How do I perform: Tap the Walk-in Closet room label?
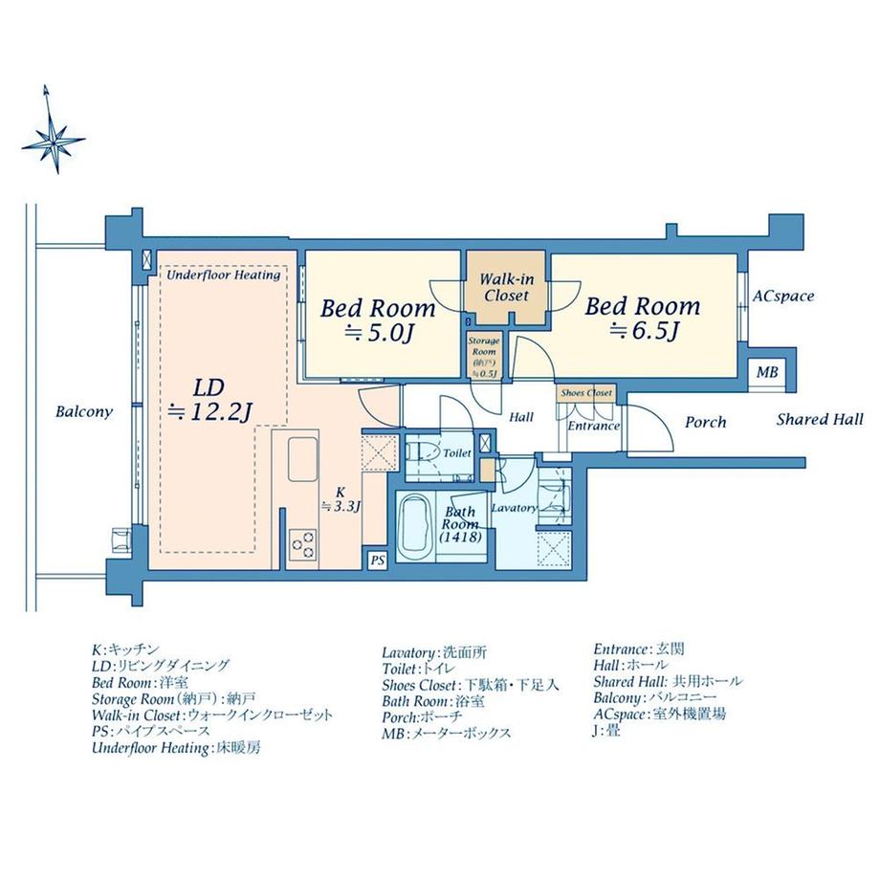(x=506, y=287)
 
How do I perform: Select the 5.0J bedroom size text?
(x=377, y=334)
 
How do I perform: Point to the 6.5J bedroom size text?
(x=643, y=332)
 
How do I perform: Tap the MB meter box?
(x=766, y=373)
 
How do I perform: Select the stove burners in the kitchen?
(x=303, y=543)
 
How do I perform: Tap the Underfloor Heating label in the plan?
(x=224, y=275)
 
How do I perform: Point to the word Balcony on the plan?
(x=84, y=412)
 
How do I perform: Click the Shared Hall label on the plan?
(x=819, y=419)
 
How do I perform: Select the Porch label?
(x=706, y=421)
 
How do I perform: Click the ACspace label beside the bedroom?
(x=782, y=297)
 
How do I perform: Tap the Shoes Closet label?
(x=586, y=393)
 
